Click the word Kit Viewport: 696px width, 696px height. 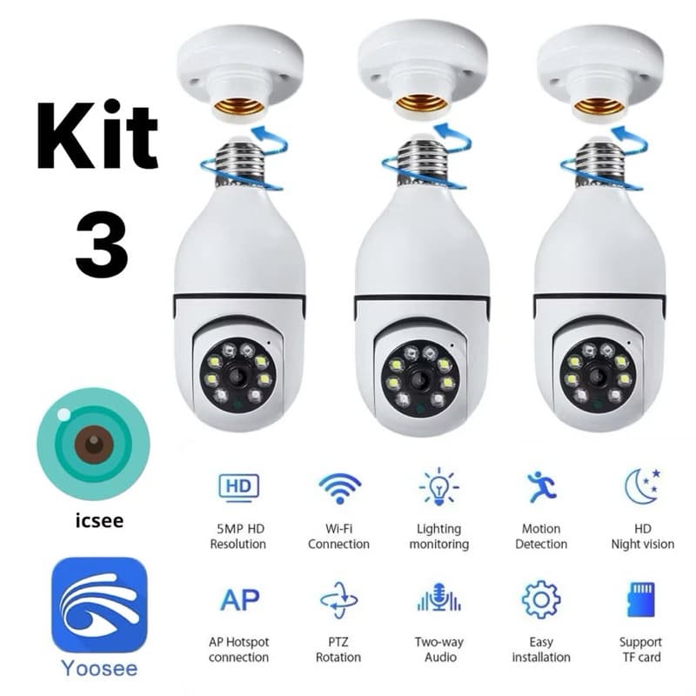pyautogui.click(x=97, y=137)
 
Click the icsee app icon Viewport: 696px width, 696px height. pyautogui.click(x=93, y=445)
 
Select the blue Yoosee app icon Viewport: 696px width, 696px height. pyautogui.click(x=98, y=604)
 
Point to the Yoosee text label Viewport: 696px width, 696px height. pyautogui.click(x=97, y=669)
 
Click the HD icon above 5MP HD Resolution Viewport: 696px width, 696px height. pyautogui.click(x=238, y=485)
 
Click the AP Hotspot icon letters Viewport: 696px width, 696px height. pyautogui.click(x=238, y=600)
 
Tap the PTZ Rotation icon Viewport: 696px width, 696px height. pyautogui.click(x=339, y=600)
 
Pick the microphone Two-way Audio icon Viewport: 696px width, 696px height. pyautogui.click(x=439, y=600)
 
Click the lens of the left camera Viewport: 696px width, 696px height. pyautogui.click(x=238, y=376)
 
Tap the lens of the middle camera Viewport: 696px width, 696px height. pyautogui.click(x=419, y=378)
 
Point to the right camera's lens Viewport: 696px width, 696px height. pyautogui.click(x=598, y=376)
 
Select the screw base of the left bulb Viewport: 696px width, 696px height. pyautogui.click(x=240, y=163)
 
